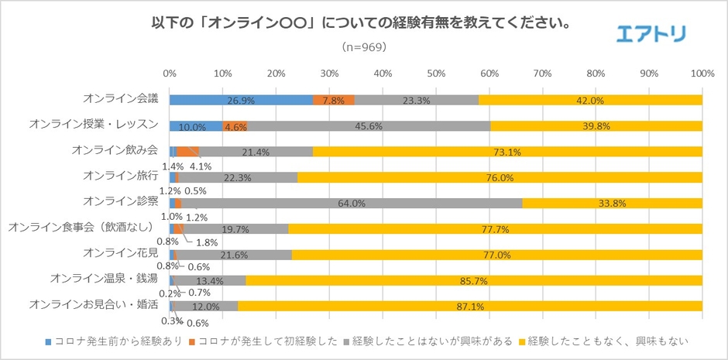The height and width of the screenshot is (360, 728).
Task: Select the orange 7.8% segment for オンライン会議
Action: (333, 100)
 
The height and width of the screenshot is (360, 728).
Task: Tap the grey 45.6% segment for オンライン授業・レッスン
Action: (369, 125)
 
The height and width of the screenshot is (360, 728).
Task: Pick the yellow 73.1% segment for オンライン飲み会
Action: (507, 151)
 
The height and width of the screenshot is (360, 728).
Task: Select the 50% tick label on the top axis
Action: (436, 74)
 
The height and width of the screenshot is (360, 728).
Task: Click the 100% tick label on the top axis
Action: (702, 74)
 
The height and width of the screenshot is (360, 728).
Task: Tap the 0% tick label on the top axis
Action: (170, 74)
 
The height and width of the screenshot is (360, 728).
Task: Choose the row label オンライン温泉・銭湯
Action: (104, 279)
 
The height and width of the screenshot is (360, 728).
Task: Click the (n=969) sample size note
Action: (363, 46)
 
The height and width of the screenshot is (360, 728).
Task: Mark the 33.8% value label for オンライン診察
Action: (611, 204)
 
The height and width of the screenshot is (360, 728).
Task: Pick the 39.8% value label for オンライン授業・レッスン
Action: (596, 126)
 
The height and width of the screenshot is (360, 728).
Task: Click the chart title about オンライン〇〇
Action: (362, 23)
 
